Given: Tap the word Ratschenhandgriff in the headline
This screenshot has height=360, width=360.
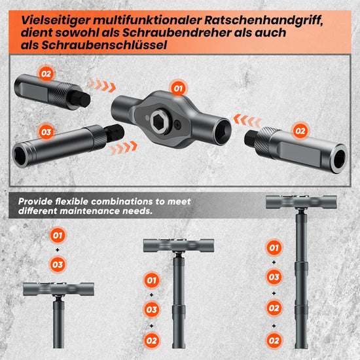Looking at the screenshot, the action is [264, 20].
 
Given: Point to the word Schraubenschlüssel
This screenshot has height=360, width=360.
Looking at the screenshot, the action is [104, 45].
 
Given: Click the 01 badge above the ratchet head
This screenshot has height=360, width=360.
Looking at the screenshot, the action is [178, 88].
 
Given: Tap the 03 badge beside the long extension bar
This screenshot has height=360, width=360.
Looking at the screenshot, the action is [46, 132].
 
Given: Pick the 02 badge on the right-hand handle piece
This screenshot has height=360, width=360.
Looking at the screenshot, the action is [300, 131].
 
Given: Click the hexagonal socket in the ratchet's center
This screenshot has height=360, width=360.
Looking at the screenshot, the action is [159, 121].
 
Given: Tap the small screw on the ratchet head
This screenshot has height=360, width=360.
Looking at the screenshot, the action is [177, 124].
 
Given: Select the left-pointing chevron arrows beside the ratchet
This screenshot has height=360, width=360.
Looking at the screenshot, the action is [247, 120].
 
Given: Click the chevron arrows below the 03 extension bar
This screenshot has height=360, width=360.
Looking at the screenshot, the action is [123, 148].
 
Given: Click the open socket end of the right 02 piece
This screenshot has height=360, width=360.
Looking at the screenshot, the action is [339, 158].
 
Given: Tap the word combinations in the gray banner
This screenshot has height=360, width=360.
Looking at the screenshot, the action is [122, 202].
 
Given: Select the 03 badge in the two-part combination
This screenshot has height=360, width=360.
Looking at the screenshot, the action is [58, 264].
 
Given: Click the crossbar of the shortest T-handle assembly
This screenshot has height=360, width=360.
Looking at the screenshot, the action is [58, 289].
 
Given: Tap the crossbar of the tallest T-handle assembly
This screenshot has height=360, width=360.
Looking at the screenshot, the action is [301, 202].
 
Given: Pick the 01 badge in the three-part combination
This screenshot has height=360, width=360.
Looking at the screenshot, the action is [152, 280].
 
